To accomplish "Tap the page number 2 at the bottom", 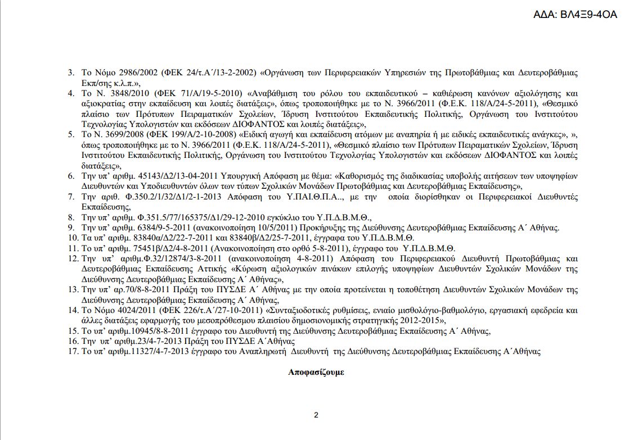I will pos(316,416).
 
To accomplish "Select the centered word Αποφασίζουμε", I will pos(316,372).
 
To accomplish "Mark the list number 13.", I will pos(72,289).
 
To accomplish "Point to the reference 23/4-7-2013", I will pos(145,341).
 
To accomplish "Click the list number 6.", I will pos(72,176).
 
